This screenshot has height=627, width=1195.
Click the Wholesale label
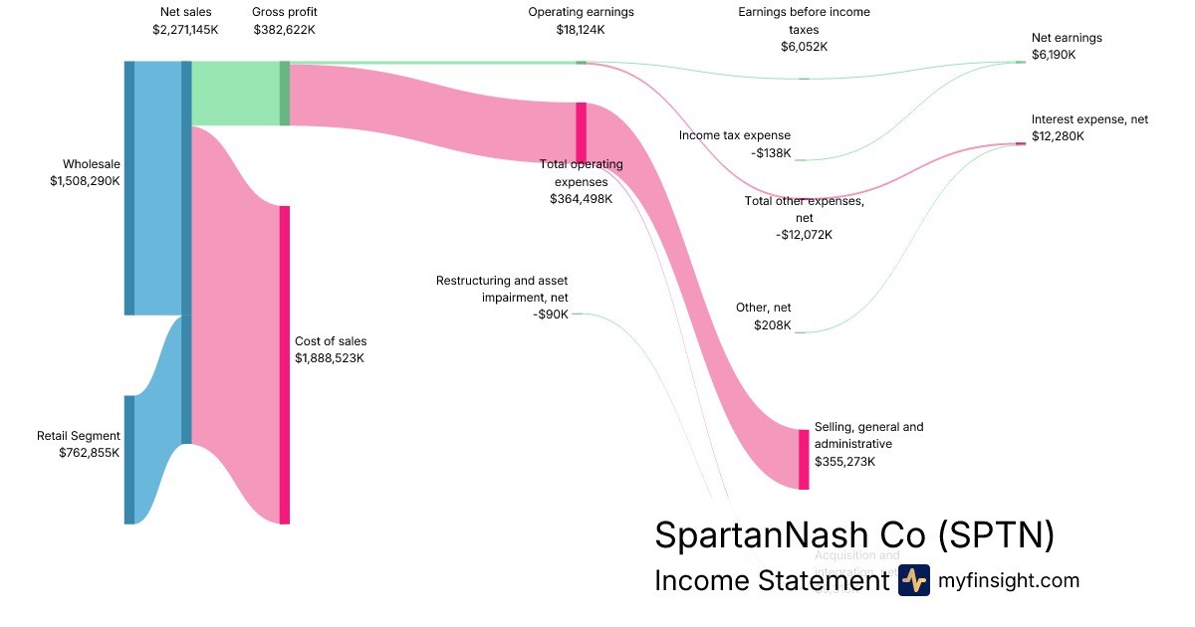(x=91, y=164)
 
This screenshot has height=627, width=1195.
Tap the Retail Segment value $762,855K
(x=89, y=452)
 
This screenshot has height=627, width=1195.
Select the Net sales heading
(x=185, y=12)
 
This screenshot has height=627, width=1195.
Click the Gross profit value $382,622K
(x=284, y=30)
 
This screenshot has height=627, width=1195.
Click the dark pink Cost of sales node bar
(x=285, y=364)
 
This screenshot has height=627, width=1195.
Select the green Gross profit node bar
(x=285, y=94)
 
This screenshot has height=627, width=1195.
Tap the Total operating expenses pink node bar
(x=582, y=131)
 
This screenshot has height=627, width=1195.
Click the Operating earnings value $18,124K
(x=581, y=30)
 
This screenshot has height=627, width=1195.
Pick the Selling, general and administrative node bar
(x=804, y=459)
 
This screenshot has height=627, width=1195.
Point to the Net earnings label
(x=1067, y=38)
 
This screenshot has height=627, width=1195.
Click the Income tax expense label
(x=735, y=135)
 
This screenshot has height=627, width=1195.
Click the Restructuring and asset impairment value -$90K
(x=551, y=314)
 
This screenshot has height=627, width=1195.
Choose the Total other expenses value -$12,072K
(x=804, y=235)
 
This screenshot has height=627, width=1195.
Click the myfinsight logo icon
(x=913, y=580)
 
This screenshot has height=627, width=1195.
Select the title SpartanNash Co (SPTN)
(x=853, y=535)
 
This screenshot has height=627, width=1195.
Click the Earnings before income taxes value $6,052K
(x=804, y=47)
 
